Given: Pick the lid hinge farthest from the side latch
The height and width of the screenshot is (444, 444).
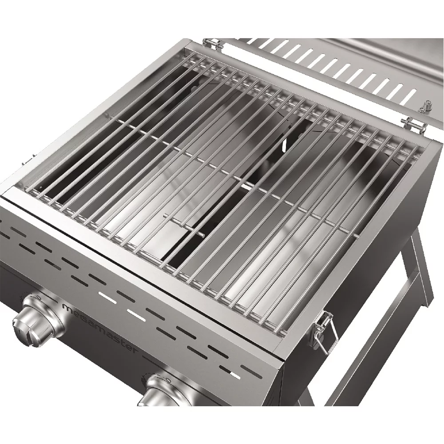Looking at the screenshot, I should click(213, 44).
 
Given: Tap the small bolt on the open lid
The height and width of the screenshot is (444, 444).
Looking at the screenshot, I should click(426, 106).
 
